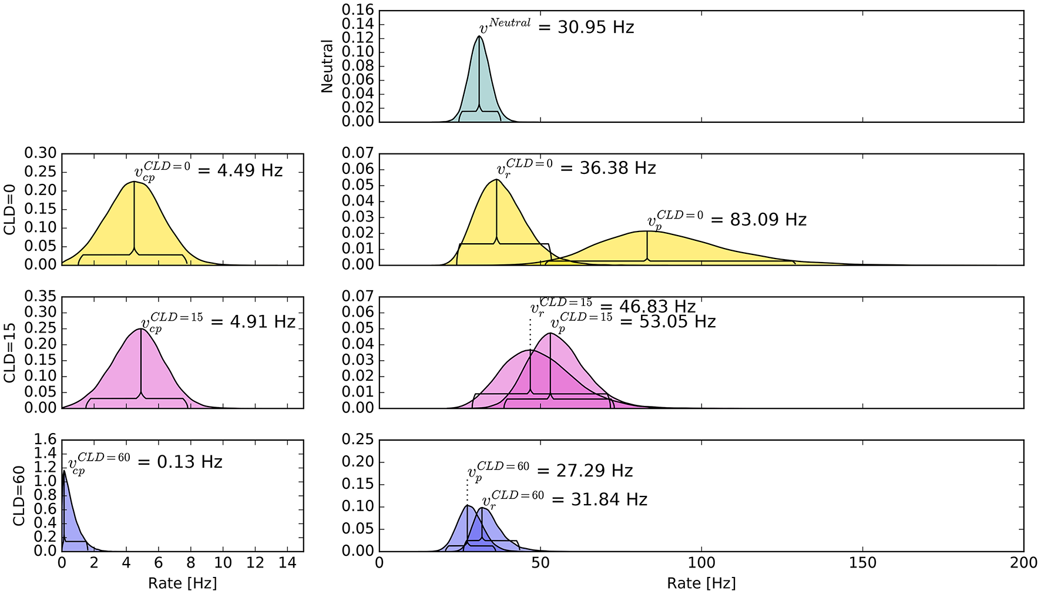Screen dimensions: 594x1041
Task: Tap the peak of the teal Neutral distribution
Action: [x=479, y=36]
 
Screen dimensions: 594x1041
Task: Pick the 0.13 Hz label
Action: [x=189, y=462]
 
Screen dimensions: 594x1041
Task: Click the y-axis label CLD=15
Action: [x=10, y=353]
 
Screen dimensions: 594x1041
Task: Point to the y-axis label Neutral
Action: [x=327, y=66]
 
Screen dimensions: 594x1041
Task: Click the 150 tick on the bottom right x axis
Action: [x=862, y=563]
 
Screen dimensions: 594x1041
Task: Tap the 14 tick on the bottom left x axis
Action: [x=287, y=563]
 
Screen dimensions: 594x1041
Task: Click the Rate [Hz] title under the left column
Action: [x=182, y=583]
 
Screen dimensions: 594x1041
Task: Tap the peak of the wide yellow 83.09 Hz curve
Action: [x=647, y=231]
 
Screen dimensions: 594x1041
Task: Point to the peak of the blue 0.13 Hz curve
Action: [x=64, y=470]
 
